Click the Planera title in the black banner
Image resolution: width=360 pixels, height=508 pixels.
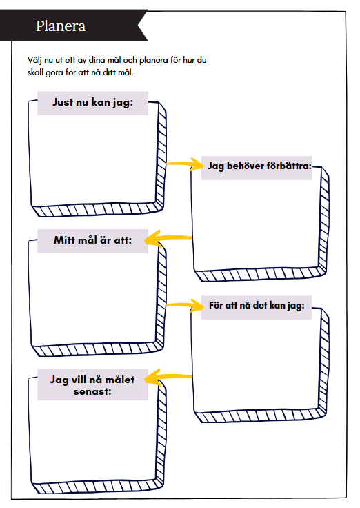pos(61,26)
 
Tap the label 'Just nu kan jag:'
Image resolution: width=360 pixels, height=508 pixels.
pos(93,102)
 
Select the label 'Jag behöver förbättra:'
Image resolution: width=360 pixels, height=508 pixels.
pos(259,166)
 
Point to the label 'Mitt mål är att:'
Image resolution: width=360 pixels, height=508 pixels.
pos(93,240)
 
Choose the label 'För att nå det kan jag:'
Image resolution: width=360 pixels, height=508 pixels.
pos(257,306)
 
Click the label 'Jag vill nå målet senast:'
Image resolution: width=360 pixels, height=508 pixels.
pos(92,385)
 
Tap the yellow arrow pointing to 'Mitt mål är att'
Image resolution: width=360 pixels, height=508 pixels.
pos(168,238)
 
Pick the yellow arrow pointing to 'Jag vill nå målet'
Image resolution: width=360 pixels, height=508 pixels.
pos(168,377)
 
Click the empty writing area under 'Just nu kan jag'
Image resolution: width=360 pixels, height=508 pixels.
pos(94,159)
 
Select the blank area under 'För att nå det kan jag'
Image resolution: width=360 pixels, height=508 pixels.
pos(257,364)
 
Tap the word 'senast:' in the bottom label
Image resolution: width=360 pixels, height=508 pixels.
pos(92,391)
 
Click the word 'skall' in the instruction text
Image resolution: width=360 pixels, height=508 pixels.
pos(35,72)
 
